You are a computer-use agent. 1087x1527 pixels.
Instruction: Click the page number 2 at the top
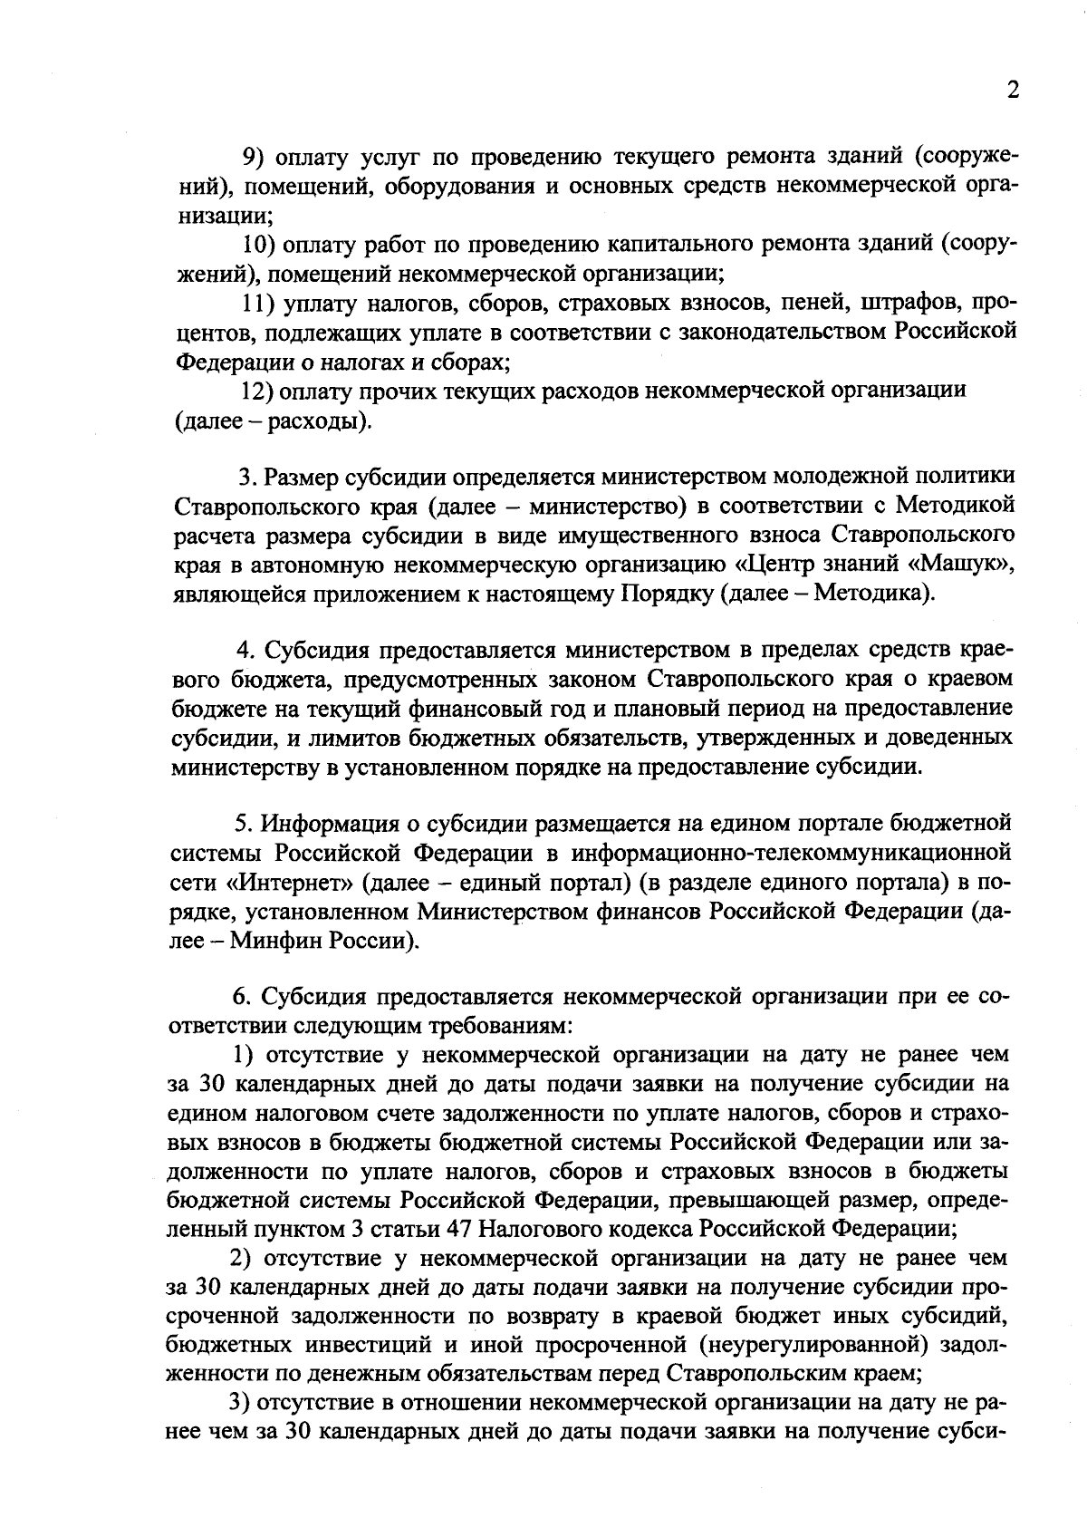click(x=1013, y=91)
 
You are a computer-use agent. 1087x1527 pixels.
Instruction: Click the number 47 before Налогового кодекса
click(x=459, y=1230)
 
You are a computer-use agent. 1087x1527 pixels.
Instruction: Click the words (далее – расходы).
click(x=272, y=421)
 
